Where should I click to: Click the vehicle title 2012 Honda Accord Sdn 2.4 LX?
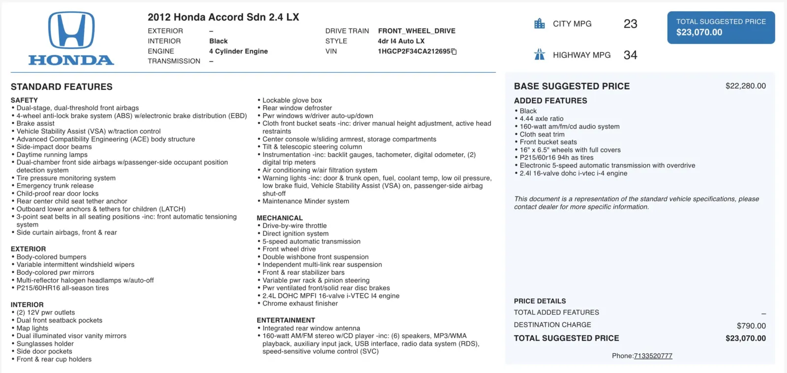tap(223, 17)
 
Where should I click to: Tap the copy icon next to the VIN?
tap(454, 52)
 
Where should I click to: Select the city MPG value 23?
tap(630, 24)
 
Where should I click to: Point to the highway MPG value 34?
tap(630, 55)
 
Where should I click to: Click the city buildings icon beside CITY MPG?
tap(540, 24)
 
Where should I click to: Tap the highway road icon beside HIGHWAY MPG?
tap(540, 55)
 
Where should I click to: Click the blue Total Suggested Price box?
tap(721, 28)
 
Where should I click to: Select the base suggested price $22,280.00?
tap(745, 86)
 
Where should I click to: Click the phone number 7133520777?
tap(653, 356)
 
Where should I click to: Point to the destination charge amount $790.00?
tap(751, 326)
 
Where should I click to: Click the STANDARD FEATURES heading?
tap(61, 87)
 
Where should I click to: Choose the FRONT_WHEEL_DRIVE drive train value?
tap(417, 31)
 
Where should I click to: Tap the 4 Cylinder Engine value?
tap(239, 51)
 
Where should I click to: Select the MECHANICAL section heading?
tap(279, 218)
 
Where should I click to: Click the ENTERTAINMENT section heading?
tap(286, 320)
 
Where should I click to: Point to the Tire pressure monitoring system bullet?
tap(66, 178)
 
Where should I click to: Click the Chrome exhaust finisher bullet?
tap(300, 304)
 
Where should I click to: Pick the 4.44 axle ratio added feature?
tap(542, 118)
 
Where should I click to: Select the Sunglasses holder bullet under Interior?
tap(45, 344)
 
